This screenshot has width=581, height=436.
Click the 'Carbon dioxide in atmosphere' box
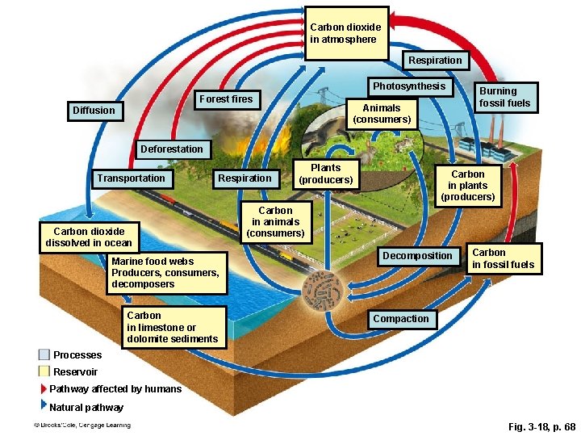tap(346, 33)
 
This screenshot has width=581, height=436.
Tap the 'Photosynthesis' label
tap(408, 86)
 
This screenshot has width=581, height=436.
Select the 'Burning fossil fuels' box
tap(505, 97)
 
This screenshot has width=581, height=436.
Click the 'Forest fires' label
tap(226, 99)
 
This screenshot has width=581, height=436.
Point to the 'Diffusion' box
tap(94, 110)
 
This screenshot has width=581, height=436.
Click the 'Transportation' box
tap(131, 178)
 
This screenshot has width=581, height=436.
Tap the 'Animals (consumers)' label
tap(382, 114)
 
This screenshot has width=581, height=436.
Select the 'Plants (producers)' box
tap(326, 174)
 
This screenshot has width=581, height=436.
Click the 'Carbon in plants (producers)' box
tap(468, 186)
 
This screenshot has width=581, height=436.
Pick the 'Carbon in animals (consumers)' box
tap(275, 222)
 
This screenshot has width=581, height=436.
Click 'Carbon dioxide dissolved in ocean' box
tap(89, 237)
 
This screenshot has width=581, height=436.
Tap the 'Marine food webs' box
tap(166, 273)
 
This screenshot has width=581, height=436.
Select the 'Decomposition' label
tap(417, 256)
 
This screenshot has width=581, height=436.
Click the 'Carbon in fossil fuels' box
tap(503, 258)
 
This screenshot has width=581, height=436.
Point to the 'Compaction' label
tap(401, 319)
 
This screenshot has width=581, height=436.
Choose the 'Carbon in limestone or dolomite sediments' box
tap(173, 327)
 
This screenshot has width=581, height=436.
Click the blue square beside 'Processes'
tap(44, 354)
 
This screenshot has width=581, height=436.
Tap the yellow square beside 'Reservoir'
tap(44, 371)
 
